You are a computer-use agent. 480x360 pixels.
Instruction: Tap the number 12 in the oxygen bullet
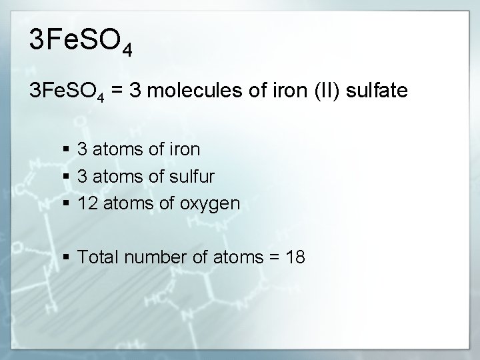[87, 202]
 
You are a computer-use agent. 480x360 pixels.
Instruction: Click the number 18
[295, 257]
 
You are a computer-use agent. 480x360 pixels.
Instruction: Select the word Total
[97, 257]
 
